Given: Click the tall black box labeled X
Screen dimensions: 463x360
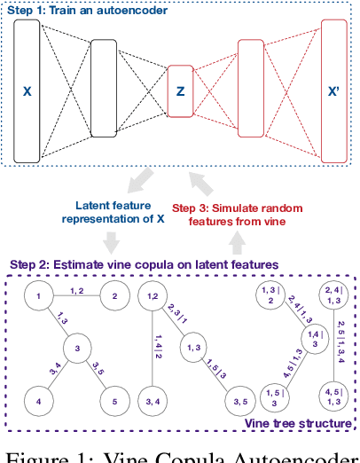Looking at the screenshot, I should pos(27,91).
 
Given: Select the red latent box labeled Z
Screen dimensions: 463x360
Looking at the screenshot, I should pos(180,90).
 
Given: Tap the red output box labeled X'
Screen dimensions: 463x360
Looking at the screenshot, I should pos(333,90).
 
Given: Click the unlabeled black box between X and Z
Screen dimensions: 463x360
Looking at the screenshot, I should pos(104,91).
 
